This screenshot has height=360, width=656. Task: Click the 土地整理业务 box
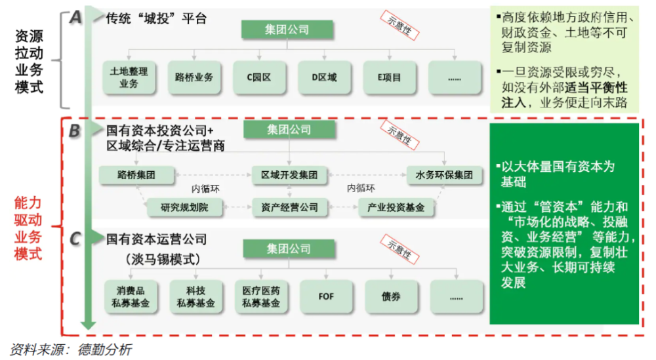(129, 77)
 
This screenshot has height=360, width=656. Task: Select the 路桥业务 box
(194, 77)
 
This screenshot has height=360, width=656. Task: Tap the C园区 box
(259, 77)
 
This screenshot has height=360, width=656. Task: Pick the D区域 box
(324, 77)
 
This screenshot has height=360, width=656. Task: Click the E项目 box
(390, 77)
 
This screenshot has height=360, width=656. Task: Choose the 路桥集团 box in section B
(136, 175)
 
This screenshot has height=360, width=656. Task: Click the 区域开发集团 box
(289, 175)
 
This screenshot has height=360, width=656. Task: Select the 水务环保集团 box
(444, 175)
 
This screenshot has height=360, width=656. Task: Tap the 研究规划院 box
(184, 207)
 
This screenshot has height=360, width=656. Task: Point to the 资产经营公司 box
(289, 207)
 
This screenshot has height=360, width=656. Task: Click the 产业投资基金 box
(396, 207)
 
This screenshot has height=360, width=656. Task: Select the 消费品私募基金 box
(131, 296)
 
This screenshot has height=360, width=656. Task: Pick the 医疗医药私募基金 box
(261, 296)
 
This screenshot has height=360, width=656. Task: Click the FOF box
(326, 296)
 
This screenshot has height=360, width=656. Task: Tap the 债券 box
(391, 296)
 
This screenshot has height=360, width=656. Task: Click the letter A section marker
(75, 18)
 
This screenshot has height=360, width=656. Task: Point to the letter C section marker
(75, 239)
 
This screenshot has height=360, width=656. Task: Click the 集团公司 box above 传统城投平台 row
(287, 30)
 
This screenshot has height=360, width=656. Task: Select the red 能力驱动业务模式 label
(28, 228)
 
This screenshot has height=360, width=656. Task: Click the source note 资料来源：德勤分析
(71, 349)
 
